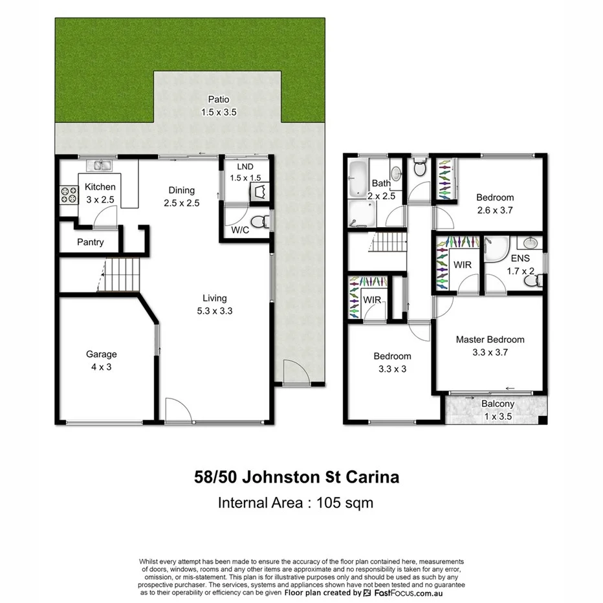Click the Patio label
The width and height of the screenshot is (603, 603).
[x=218, y=100]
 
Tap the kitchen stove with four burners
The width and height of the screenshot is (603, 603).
[x=69, y=194]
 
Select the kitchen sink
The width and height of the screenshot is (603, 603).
[x=101, y=166]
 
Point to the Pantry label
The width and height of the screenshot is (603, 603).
[x=90, y=243]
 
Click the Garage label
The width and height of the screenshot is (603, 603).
[x=102, y=354]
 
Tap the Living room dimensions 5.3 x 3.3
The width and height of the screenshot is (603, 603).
[x=214, y=311]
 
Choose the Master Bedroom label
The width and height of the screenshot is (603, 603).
[x=490, y=340]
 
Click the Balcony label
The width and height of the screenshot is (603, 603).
[x=498, y=404]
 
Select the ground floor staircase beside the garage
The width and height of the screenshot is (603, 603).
[x=122, y=275]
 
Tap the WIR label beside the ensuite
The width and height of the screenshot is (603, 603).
[x=463, y=265]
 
